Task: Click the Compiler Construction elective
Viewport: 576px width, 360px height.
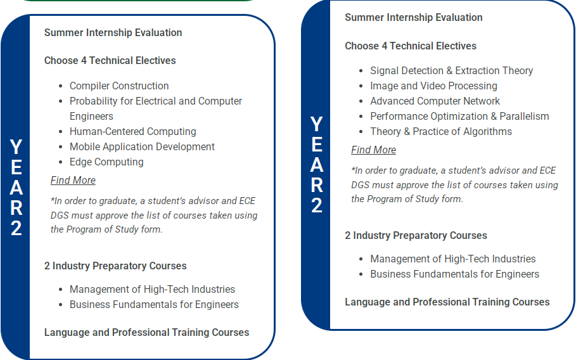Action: click(119, 86)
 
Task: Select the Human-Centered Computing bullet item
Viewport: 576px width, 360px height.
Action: click(132, 131)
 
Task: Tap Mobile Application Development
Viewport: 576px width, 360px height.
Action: click(142, 146)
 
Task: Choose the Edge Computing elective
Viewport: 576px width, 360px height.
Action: click(106, 162)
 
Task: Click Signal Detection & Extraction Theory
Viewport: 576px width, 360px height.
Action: click(451, 70)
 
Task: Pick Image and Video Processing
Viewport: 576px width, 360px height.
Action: click(433, 86)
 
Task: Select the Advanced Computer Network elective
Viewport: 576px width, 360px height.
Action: click(435, 101)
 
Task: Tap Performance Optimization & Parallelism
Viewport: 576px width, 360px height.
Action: click(459, 117)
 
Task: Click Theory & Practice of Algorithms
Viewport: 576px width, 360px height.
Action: click(441, 131)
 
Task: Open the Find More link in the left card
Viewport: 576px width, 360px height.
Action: click(73, 181)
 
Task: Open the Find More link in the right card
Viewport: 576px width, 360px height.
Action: click(374, 150)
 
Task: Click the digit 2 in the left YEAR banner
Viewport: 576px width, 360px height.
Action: click(16, 228)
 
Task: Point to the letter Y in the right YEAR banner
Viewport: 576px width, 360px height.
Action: click(316, 124)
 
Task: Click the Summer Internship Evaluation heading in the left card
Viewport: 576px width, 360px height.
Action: click(113, 33)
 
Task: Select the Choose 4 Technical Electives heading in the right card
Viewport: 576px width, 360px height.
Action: click(411, 46)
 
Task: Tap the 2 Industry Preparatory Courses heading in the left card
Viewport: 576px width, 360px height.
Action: click(115, 266)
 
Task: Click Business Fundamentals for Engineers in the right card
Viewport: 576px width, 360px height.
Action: click(454, 274)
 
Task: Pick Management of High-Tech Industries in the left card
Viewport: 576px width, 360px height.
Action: click(152, 290)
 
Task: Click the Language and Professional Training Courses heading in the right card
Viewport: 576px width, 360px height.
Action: click(447, 302)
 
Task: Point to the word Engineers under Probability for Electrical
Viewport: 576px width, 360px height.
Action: click(91, 117)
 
